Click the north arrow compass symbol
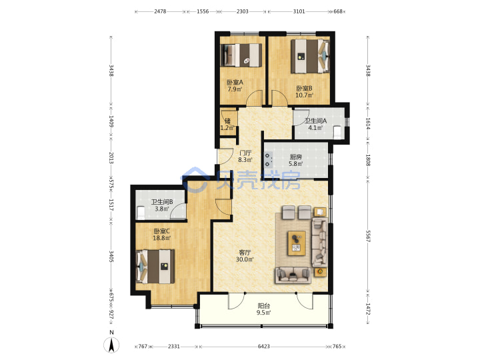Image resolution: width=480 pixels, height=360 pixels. point(111,345)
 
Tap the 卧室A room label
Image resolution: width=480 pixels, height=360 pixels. point(235,83)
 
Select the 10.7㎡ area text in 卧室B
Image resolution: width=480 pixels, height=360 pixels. point(304,95)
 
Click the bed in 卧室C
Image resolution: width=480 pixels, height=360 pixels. point(155,266)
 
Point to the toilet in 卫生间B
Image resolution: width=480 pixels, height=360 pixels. point(141,213)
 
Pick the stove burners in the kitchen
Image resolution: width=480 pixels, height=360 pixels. point(269,160)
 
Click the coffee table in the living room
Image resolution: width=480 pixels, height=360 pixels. point(296,243)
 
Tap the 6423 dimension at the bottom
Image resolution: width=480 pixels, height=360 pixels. point(263,346)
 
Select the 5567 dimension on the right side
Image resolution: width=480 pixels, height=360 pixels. point(368,235)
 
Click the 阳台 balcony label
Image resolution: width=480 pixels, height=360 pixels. point(263,306)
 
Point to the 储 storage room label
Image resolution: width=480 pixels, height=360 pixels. point(227,121)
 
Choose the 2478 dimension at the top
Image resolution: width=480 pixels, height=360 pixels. point(160,11)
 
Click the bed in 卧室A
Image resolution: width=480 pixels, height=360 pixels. point(241,55)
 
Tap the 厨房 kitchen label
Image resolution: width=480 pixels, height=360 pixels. point(296,157)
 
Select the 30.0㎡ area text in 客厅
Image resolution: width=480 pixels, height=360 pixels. point(245,259)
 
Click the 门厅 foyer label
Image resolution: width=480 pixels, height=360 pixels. point(245,153)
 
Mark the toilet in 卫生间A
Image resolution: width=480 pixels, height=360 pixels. point(337,132)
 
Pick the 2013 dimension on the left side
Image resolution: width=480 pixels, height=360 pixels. point(111,158)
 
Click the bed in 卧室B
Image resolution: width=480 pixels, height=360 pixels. point(310,56)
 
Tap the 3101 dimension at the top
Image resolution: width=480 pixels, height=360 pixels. point(299,11)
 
